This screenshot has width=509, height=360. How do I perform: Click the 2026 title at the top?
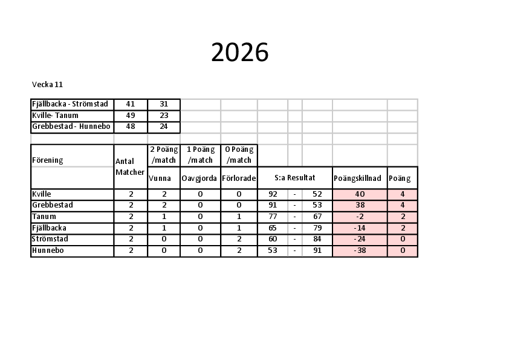[240, 52]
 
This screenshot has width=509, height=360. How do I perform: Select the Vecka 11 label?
[47, 85]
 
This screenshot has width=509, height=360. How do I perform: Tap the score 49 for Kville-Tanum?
[131, 116]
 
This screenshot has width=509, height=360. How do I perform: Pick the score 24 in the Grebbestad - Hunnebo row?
[164, 126]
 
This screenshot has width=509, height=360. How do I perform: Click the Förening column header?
[47, 160]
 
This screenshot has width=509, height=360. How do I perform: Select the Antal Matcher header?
[130, 166]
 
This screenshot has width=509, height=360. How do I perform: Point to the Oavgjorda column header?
[199, 178]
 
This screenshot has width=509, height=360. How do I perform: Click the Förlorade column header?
[239, 178]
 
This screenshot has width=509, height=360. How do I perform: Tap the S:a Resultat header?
[295, 178]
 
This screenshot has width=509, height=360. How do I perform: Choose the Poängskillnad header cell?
[357, 178]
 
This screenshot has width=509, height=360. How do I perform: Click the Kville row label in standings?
[42, 194]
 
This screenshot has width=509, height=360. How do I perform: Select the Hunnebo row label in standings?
[48, 250]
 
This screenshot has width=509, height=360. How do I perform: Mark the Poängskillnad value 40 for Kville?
[360, 194]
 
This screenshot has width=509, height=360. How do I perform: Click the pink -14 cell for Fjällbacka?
[360, 228]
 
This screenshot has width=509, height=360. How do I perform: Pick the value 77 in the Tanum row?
[273, 217]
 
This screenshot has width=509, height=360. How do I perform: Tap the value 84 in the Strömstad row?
[317, 239]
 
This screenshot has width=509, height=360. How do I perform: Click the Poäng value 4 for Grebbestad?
[403, 205]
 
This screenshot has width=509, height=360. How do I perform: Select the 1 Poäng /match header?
[200, 155]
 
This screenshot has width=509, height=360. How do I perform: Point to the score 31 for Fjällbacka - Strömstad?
[164, 104]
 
